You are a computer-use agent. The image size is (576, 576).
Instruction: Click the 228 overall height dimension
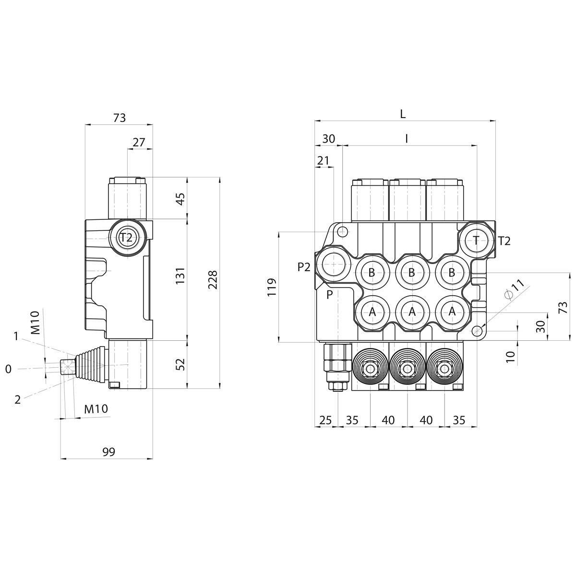[213, 280]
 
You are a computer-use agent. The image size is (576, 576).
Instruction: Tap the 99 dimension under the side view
[109, 452]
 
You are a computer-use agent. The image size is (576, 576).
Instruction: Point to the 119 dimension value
[272, 287]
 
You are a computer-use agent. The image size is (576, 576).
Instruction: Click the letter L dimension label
[403, 114]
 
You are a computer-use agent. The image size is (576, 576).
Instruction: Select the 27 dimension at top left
[139, 142]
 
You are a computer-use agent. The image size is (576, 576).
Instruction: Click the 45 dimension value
[180, 199]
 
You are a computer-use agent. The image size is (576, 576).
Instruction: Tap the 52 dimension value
[180, 364]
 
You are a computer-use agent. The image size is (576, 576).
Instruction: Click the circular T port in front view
[476, 240]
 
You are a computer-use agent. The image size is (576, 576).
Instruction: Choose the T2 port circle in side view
[126, 237]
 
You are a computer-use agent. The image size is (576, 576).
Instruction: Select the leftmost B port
[372, 273]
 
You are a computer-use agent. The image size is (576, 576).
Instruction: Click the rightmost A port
[452, 312]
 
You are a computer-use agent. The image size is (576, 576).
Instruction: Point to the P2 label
[304, 267]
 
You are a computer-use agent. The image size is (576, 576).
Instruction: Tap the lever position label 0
[8, 369]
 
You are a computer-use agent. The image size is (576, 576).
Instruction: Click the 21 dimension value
[323, 160]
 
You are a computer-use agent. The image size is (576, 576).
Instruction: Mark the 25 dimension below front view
[325, 420]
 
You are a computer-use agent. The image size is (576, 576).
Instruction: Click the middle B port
[411, 273]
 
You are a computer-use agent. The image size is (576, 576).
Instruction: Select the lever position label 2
[18, 399]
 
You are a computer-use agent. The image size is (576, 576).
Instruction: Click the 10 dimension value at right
[510, 356]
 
